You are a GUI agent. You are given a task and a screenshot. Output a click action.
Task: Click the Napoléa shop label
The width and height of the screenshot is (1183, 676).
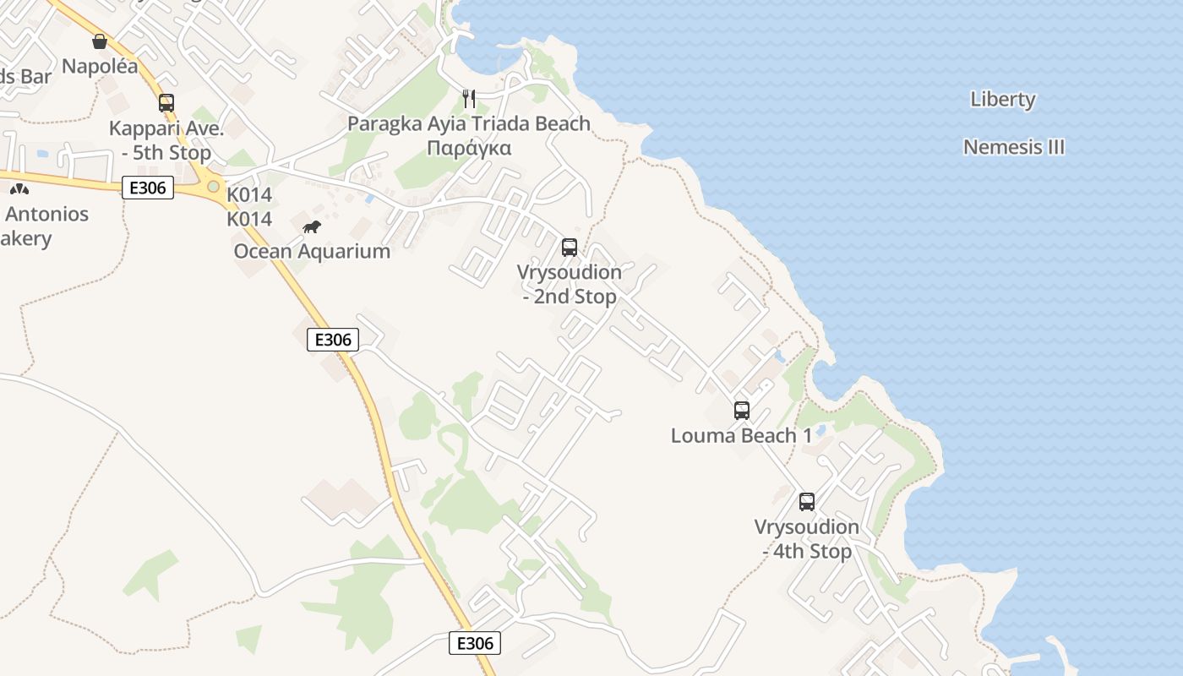coord(100,67)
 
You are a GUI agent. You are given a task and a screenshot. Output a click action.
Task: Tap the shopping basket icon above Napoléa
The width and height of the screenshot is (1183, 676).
coord(100,41)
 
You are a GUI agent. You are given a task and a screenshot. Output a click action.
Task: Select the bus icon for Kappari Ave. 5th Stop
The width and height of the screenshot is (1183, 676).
coord(166,103)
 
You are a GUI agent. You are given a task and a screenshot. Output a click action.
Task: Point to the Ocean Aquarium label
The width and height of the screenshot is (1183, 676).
coord(312,251)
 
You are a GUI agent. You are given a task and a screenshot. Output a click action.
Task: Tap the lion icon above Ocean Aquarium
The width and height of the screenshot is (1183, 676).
coord(312,226)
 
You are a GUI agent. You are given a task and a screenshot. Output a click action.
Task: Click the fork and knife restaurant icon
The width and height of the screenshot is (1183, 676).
coord(469,99)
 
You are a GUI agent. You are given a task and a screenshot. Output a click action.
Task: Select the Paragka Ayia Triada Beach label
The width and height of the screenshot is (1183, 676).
coord(469,124)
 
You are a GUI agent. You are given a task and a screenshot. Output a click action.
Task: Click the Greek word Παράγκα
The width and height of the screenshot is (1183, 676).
coord(469,148)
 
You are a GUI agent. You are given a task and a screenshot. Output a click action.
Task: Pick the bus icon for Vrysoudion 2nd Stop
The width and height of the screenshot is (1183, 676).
coord(570,248)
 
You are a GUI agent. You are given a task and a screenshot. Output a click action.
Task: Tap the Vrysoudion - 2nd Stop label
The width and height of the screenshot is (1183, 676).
coord(570,285)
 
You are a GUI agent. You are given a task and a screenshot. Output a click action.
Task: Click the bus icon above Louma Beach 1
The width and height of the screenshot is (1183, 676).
coord(741,411)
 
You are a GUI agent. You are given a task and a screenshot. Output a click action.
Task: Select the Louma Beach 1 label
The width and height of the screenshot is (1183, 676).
coord(741,436)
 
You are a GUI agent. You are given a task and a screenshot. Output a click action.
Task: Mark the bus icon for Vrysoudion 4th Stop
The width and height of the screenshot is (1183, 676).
coord(807,502)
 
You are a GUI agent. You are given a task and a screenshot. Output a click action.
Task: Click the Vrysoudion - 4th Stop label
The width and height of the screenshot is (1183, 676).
coord(807,539)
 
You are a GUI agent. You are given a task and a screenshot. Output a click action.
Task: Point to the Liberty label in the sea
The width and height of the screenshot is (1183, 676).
coord(1003,99)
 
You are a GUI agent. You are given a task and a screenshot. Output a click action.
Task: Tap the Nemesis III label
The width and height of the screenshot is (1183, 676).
coord(1014,147)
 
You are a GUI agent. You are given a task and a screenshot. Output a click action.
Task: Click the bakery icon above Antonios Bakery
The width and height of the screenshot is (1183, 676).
coord(19,189)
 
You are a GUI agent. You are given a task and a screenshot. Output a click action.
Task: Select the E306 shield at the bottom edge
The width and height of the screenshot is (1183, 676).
coord(475,643)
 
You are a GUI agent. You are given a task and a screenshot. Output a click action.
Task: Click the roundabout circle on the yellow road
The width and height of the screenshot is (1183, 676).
coord(213,187)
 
